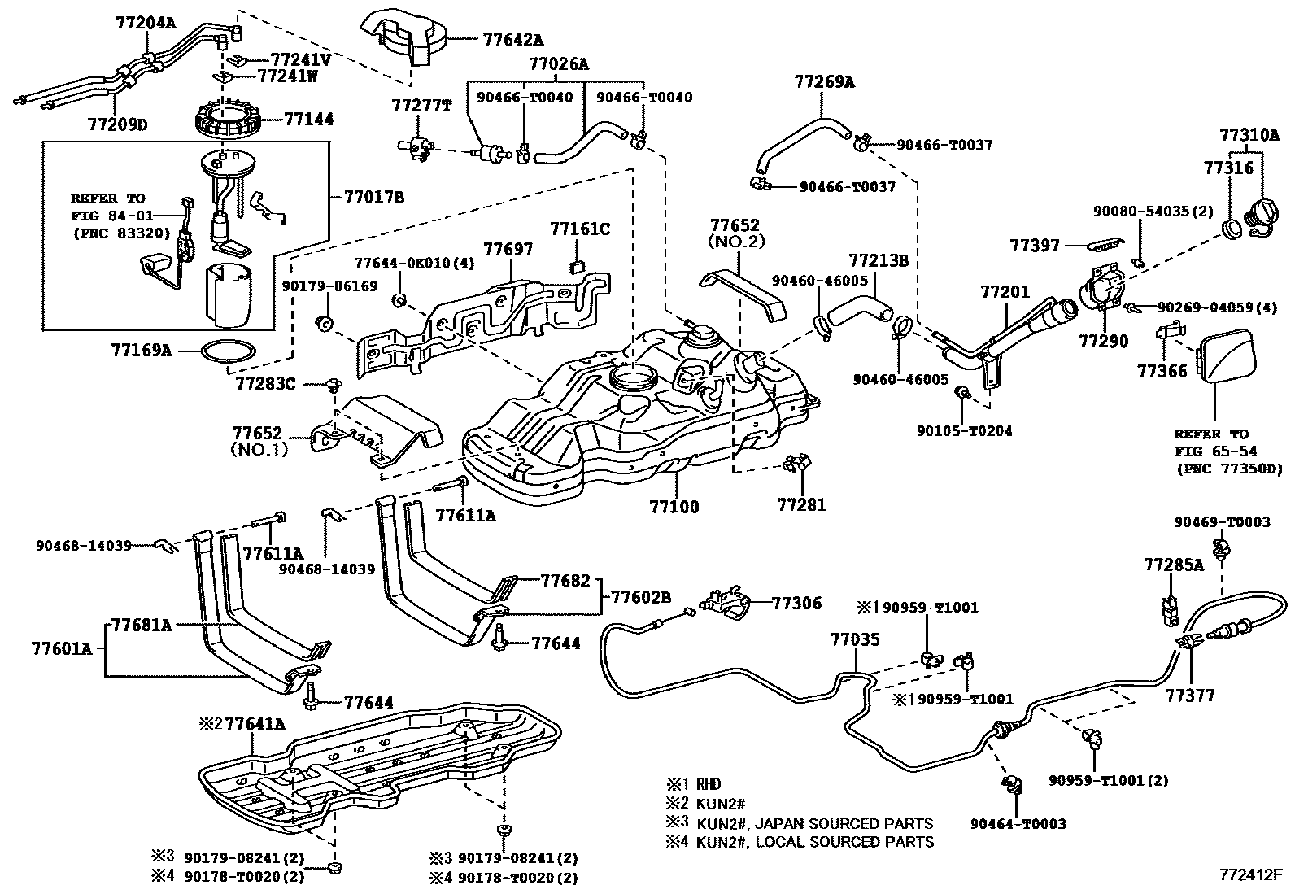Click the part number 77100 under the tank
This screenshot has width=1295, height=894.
click(674, 507)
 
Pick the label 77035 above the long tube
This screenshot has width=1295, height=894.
click(855, 640)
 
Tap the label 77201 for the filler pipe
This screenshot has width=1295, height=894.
click(1005, 291)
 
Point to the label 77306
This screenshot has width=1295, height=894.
click(796, 603)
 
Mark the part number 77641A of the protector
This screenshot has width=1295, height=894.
click(255, 723)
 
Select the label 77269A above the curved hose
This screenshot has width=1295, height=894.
click(824, 81)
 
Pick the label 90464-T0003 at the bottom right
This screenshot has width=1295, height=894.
click(1018, 823)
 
